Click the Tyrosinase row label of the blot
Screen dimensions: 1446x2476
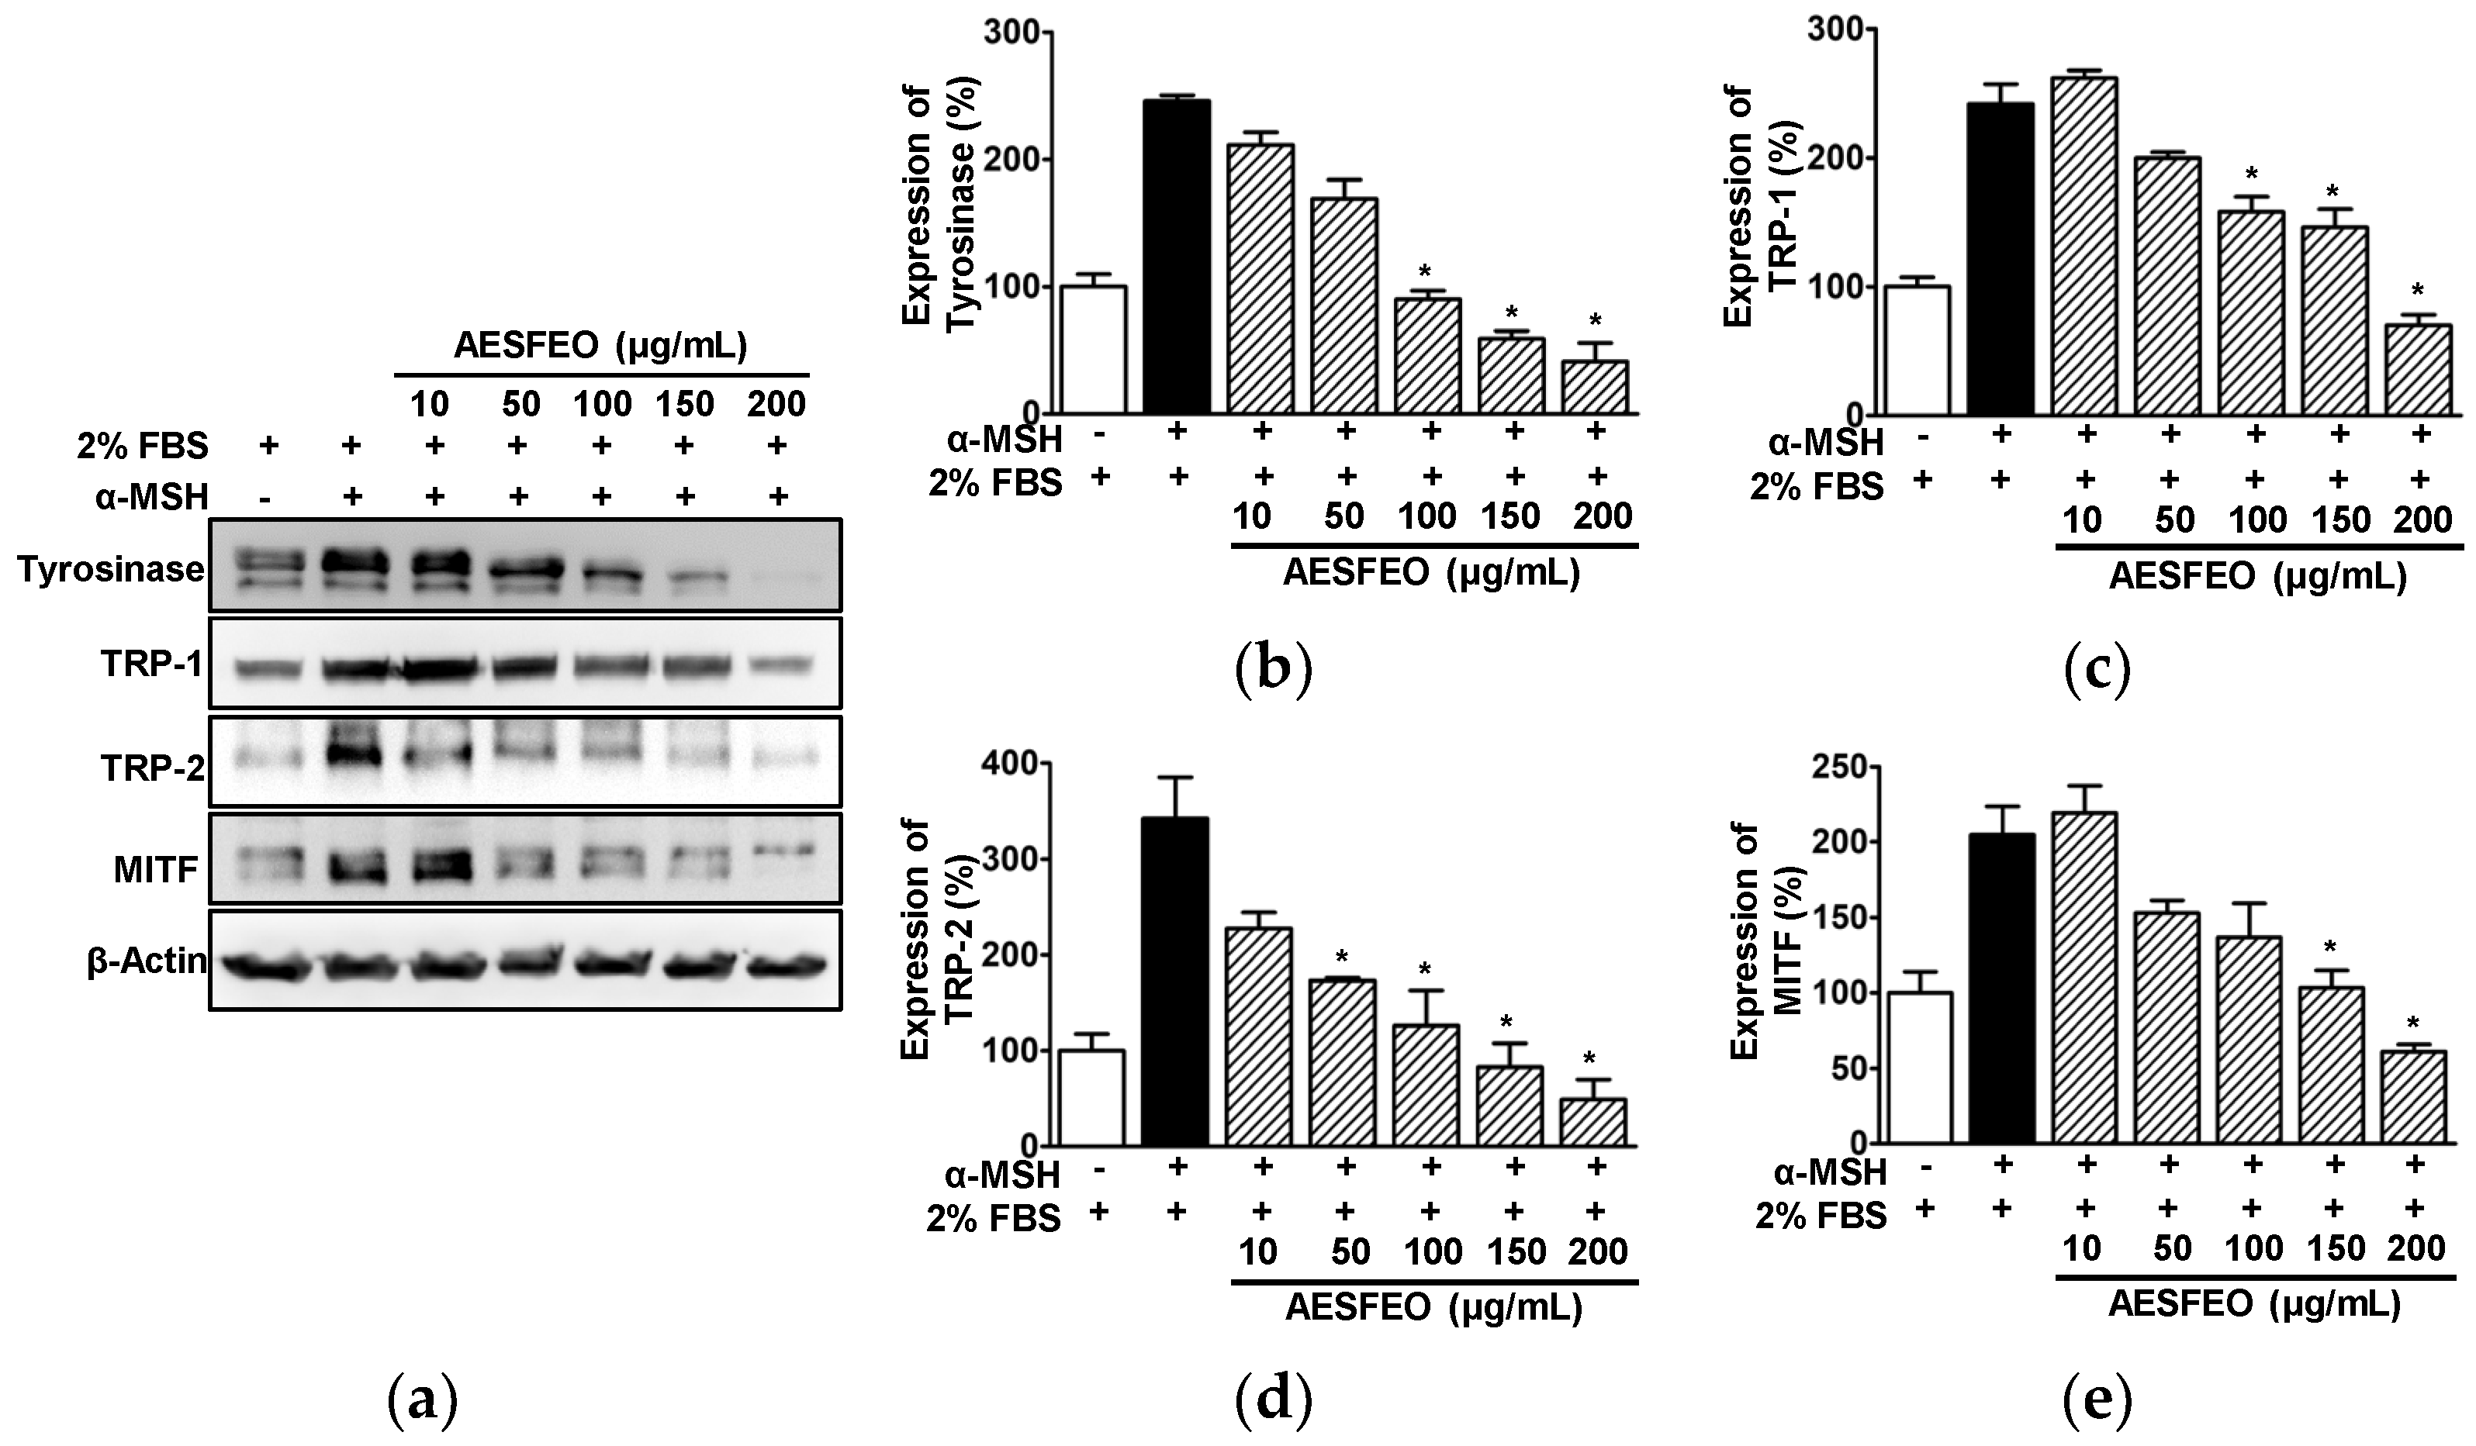click(110, 569)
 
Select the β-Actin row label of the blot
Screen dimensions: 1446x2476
click(147, 961)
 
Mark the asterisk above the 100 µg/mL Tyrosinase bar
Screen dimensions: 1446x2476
click(1426, 272)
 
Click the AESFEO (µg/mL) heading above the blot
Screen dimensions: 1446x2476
click(600, 347)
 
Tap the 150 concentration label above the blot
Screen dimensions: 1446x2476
click(685, 404)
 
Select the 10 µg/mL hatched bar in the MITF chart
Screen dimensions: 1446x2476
click(2084, 978)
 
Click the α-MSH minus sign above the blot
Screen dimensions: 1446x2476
click(266, 496)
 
